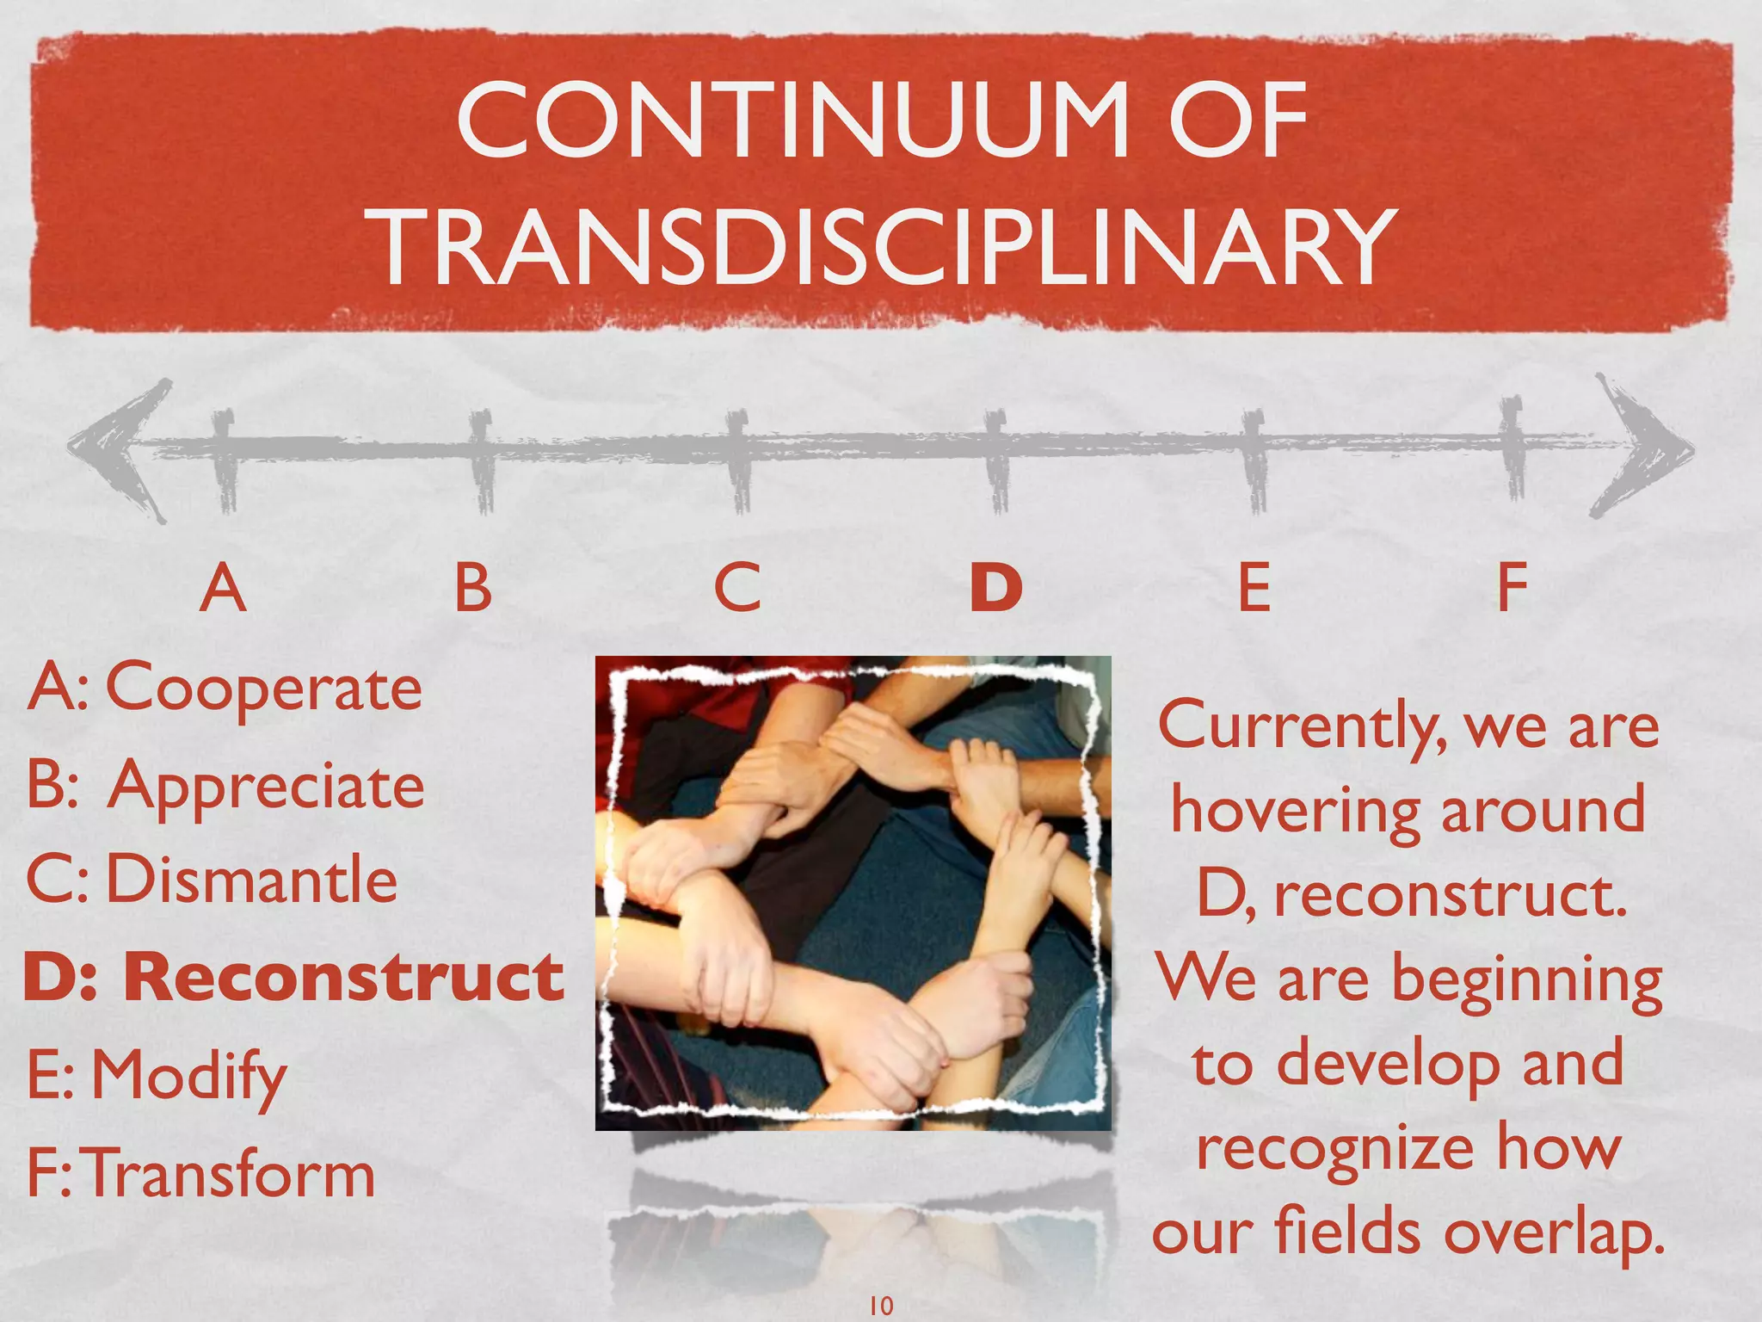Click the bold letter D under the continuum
[996, 588]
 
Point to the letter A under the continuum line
[223, 588]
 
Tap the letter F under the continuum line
[1512, 588]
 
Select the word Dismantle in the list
[251, 880]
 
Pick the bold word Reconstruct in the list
[344, 978]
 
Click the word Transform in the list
[231, 1173]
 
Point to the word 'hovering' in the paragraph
[1295, 812]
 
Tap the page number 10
[881, 1305]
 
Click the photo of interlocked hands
[853, 893]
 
